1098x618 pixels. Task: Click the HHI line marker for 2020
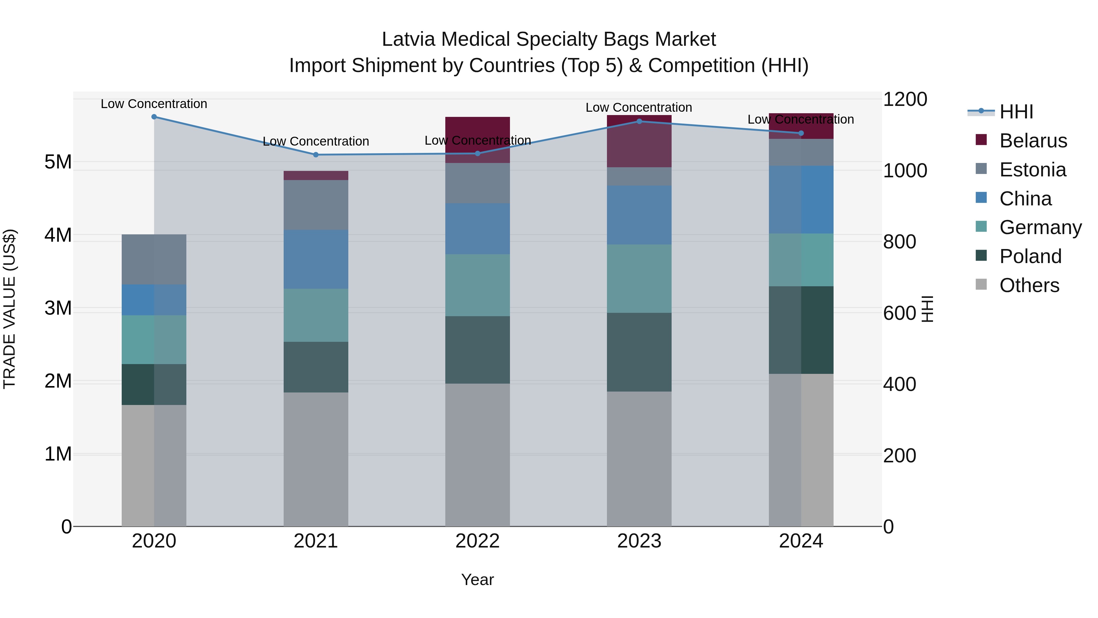(154, 117)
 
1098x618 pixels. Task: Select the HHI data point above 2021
(316, 155)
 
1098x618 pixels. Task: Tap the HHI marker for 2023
(639, 121)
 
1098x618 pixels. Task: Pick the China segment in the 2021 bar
(316, 259)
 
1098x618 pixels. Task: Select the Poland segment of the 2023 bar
(639, 352)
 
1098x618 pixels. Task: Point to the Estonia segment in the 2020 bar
(154, 259)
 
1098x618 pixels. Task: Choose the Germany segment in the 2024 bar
(801, 260)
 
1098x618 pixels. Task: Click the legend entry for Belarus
(1033, 141)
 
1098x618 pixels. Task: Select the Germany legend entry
(1040, 227)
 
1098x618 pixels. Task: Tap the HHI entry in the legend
(1016, 112)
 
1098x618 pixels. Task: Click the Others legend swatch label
(1029, 285)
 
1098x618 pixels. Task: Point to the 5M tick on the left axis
(58, 162)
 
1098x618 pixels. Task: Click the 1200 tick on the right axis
(905, 99)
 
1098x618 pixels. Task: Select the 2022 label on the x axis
(477, 541)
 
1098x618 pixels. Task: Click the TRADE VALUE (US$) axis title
(10, 309)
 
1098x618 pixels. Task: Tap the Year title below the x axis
(477, 580)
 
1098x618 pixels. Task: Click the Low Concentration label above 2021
(316, 141)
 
